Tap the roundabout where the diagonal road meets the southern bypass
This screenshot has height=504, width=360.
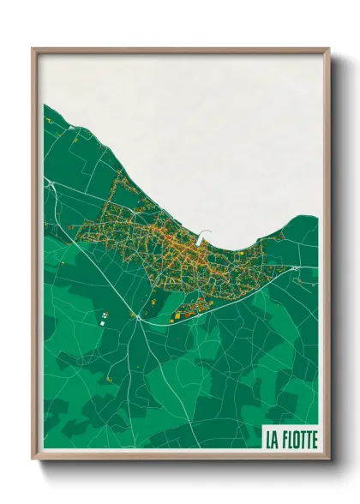[138, 316]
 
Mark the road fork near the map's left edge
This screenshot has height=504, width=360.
[51, 183]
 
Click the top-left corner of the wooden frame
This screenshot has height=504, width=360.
[33, 49]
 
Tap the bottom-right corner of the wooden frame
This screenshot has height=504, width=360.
[328, 459]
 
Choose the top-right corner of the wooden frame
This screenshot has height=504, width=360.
[328, 49]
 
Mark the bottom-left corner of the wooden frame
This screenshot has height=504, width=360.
[33, 459]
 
